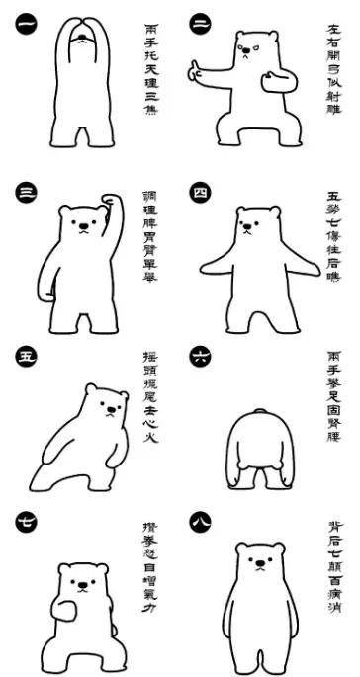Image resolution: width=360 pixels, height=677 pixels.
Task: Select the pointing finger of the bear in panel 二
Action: [195, 70]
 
